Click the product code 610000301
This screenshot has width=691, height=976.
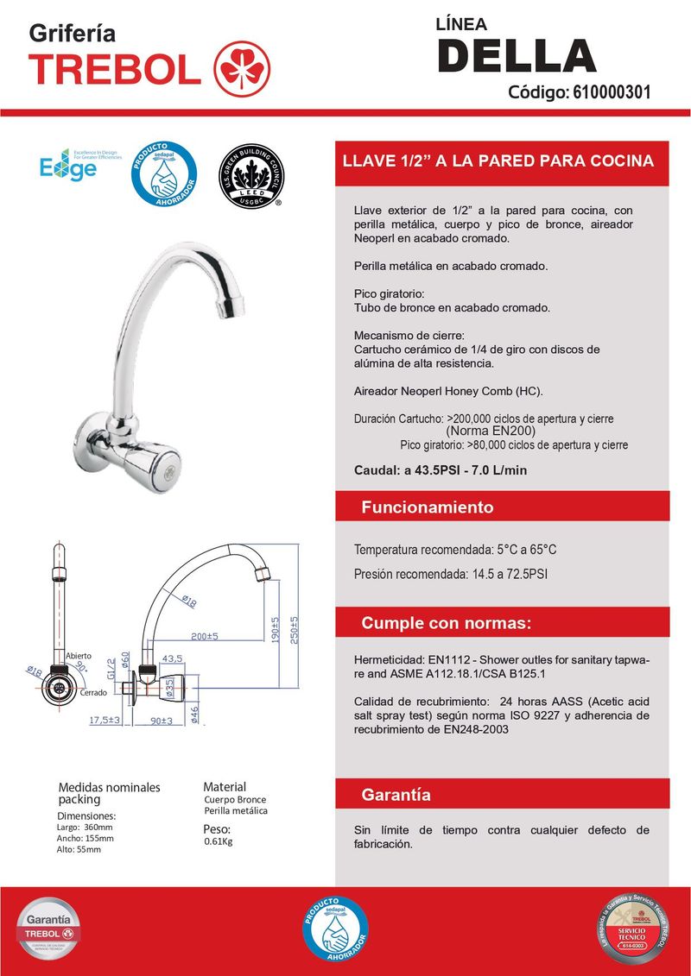tap(612, 91)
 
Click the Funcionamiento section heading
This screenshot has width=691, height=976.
tap(427, 507)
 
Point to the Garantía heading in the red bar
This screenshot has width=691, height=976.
tap(396, 794)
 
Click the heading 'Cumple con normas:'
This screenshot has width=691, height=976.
tap(446, 623)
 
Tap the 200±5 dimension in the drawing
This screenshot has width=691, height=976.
tap(205, 636)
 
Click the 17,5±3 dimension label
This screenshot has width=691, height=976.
tap(104, 719)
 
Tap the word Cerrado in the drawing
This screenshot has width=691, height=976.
tap(93, 693)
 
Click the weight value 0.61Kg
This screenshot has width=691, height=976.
tap(219, 841)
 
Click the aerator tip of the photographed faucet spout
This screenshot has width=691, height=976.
tap(233, 306)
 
